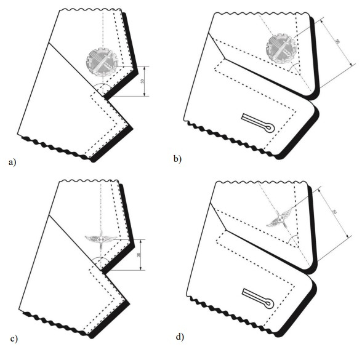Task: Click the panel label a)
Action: [x=12, y=162]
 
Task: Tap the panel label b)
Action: [x=177, y=159]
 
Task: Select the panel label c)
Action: [x=14, y=339]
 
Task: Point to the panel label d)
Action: [x=180, y=337]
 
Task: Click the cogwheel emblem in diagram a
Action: [x=102, y=62]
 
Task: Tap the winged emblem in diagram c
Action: [x=101, y=239]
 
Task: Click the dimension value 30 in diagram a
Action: [x=142, y=81]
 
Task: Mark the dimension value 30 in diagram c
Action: [x=139, y=255]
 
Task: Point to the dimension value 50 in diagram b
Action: [x=337, y=42]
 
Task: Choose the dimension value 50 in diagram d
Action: [x=334, y=212]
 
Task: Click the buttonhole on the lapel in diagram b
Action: [x=258, y=123]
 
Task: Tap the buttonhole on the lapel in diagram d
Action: [x=258, y=298]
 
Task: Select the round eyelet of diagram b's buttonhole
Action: [x=270, y=128]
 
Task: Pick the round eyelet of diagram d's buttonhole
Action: [x=269, y=304]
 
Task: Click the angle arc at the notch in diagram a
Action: [x=102, y=84]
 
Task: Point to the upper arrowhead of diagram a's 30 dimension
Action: [x=144, y=68]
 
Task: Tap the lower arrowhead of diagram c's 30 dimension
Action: [x=140, y=268]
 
